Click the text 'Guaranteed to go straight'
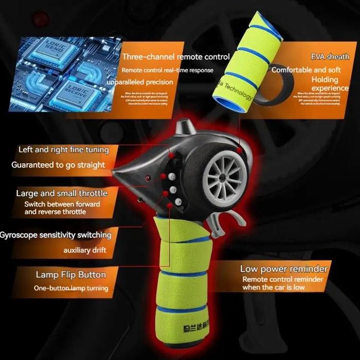click(x=58, y=165)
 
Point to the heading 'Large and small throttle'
click(x=62, y=193)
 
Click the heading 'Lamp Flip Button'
click(x=70, y=274)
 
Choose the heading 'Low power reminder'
click(x=283, y=268)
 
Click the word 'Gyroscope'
click(x=21, y=235)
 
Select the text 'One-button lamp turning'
click(x=70, y=288)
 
